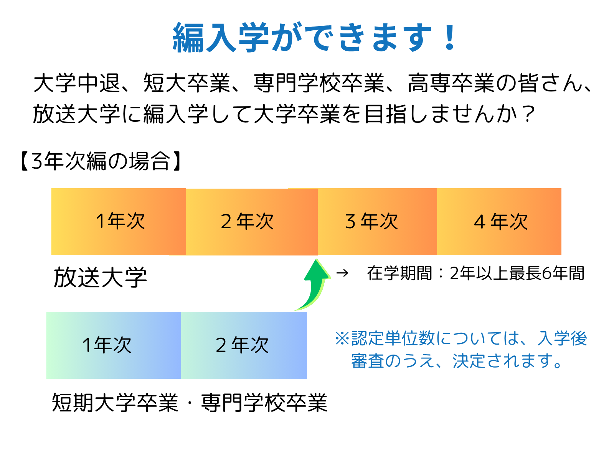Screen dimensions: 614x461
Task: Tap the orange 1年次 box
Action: [119, 221]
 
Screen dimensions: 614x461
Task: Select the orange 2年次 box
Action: [252, 222]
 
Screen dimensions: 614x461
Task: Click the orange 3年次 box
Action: [377, 221]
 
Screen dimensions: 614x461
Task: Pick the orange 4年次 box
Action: [499, 221]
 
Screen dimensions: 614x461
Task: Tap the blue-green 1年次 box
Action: [114, 345]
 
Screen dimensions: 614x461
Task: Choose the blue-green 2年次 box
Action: [244, 345]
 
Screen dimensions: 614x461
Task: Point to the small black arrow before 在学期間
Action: [342, 273]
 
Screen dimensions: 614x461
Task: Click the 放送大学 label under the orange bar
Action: [100, 277]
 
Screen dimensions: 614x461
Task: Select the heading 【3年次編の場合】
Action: [101, 161]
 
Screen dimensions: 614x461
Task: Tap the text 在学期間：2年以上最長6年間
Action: [475, 273]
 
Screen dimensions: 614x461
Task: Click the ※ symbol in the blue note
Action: [342, 338]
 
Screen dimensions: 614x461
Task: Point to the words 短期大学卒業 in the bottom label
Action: [115, 402]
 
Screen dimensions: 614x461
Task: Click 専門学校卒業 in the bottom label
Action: [264, 402]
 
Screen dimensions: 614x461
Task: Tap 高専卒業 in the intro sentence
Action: [451, 83]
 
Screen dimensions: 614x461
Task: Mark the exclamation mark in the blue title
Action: [449, 37]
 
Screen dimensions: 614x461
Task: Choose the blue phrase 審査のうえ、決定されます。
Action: [457, 361]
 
